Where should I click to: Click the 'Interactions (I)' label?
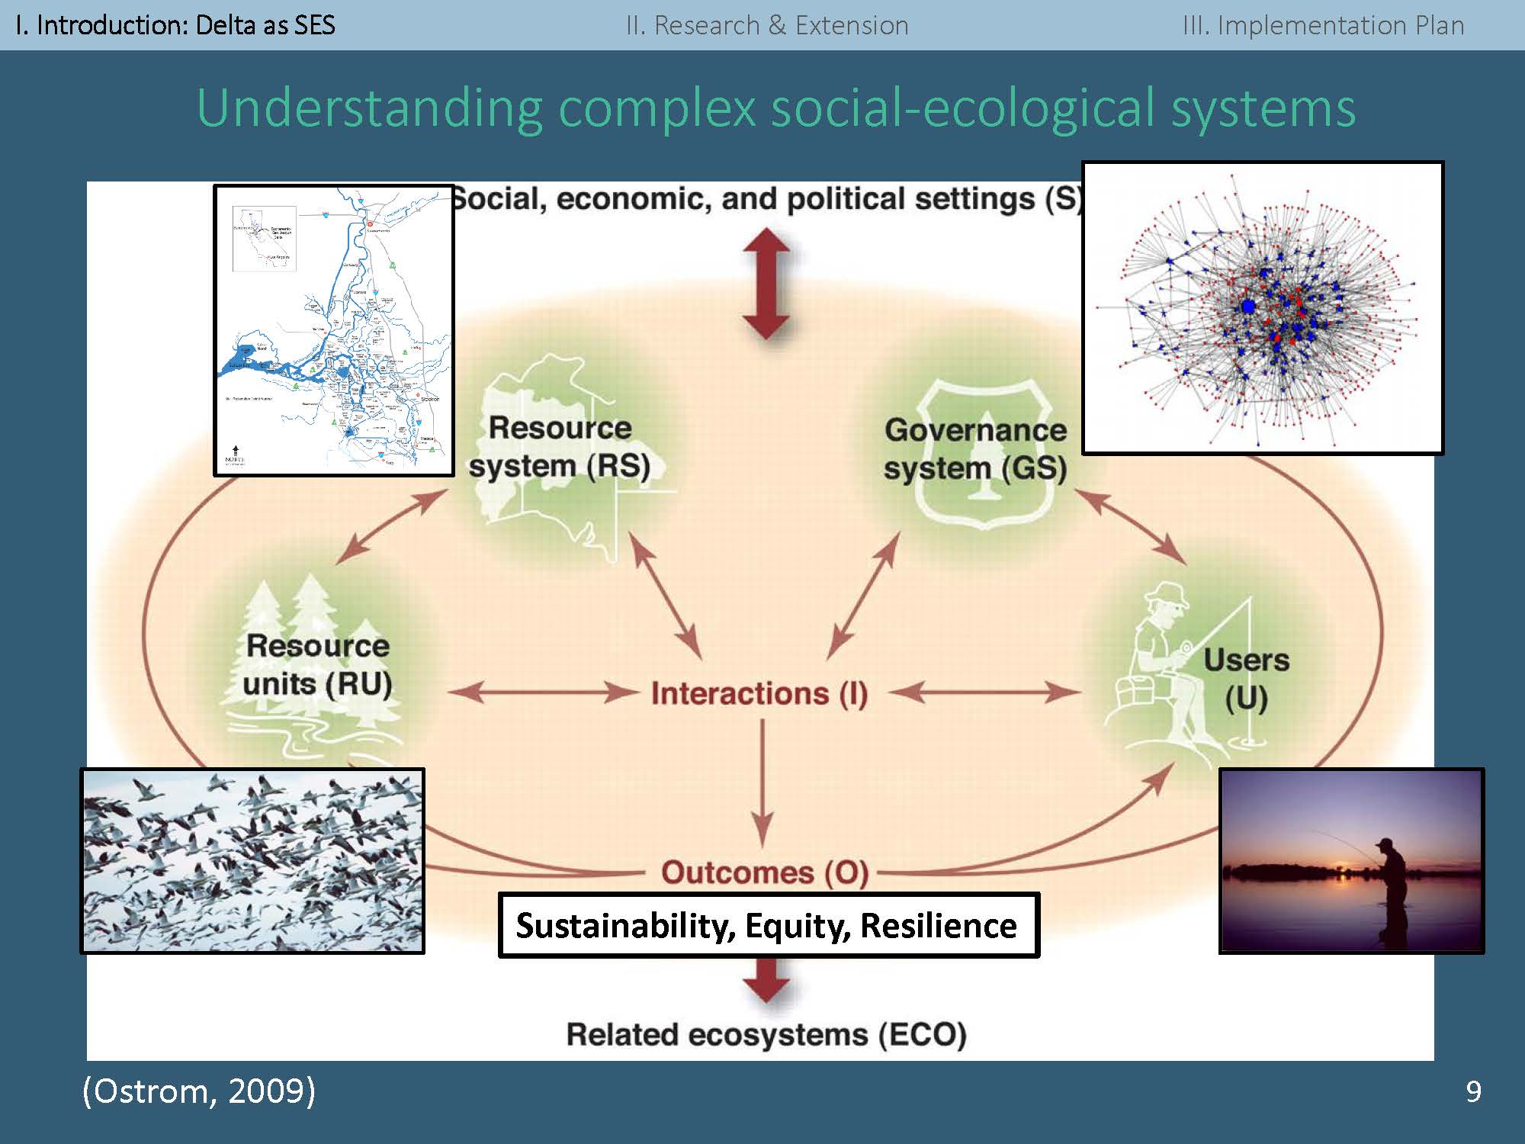[759, 693]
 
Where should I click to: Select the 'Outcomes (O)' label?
[764, 872]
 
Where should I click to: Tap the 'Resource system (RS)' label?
[560, 447]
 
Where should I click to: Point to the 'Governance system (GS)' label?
[975, 449]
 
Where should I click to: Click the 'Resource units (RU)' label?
[317, 665]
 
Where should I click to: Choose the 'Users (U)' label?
[1246, 679]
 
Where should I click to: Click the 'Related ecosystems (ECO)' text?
[766, 1035]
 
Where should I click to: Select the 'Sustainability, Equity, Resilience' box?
[768, 925]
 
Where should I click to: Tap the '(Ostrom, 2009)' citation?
[198, 1091]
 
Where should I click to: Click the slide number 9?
[1473, 1092]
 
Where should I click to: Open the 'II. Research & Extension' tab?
[767, 25]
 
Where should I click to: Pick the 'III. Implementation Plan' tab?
[1323, 25]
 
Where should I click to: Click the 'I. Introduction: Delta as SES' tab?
[175, 25]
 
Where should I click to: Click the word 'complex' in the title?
[658, 108]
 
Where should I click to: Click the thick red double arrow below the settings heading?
[766, 284]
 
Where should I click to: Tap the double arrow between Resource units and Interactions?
[542, 693]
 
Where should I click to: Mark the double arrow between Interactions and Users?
[984, 693]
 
